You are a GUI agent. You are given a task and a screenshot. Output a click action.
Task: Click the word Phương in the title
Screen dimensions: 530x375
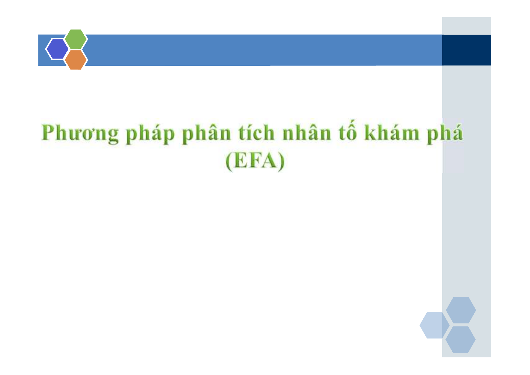click(x=80, y=133)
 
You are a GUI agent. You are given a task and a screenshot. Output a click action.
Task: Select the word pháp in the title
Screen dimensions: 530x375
click(x=150, y=133)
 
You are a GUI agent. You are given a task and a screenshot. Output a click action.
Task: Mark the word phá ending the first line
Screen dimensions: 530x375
click(x=445, y=133)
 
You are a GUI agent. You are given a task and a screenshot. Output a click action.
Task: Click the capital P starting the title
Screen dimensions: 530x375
click(x=49, y=132)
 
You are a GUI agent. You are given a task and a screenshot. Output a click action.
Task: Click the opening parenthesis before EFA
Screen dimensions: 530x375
click(x=229, y=161)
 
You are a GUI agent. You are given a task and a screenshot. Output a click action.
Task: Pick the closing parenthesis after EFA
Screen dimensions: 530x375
click(x=281, y=161)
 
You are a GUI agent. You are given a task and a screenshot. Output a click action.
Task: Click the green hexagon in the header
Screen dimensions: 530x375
click(x=76, y=39)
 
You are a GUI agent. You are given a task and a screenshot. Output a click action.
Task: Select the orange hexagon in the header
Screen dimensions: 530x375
click(x=76, y=60)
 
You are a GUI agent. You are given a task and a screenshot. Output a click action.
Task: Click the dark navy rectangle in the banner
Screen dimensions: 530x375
click(x=466, y=50)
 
